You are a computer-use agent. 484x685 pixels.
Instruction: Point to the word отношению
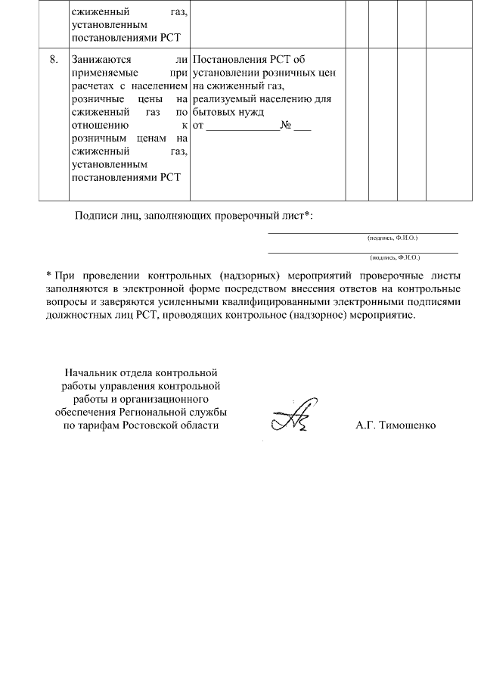pos(94,126)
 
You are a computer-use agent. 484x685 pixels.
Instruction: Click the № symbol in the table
pos(286,126)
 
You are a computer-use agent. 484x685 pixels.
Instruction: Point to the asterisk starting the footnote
pos(48,273)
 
